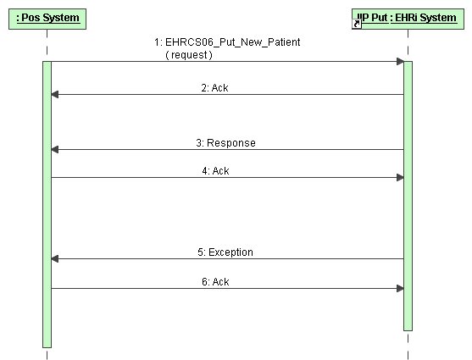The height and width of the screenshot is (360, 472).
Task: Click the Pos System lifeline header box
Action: tap(47, 19)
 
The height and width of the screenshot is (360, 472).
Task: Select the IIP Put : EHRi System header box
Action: tap(408, 19)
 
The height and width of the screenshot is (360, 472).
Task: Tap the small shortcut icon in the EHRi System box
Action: tap(357, 24)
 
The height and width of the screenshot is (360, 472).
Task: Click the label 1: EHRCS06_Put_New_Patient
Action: tap(227, 42)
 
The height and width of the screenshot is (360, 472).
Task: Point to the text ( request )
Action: tap(189, 55)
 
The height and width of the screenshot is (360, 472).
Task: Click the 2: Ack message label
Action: tap(214, 88)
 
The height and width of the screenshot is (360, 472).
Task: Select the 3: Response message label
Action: tap(225, 142)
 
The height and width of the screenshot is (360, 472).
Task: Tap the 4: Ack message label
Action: tap(215, 171)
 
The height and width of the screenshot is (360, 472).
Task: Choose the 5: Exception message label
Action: tap(225, 252)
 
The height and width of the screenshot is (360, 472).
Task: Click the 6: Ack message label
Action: tap(215, 282)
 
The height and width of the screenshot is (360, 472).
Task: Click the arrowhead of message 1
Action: tap(400, 61)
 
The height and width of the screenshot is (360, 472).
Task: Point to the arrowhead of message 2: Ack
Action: tap(55, 95)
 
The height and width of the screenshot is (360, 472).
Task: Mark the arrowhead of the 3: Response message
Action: tap(55, 149)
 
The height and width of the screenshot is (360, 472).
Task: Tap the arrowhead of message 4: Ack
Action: tap(400, 178)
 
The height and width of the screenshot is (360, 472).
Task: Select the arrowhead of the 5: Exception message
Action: tap(55, 258)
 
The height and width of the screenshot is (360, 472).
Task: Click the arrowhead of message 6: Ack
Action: tap(400, 288)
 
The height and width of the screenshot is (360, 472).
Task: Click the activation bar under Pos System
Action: tap(47, 205)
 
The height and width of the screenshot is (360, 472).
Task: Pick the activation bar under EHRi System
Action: tap(408, 196)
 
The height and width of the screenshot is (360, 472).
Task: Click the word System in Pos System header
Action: tap(61, 18)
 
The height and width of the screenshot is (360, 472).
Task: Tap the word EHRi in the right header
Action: tap(406, 18)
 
